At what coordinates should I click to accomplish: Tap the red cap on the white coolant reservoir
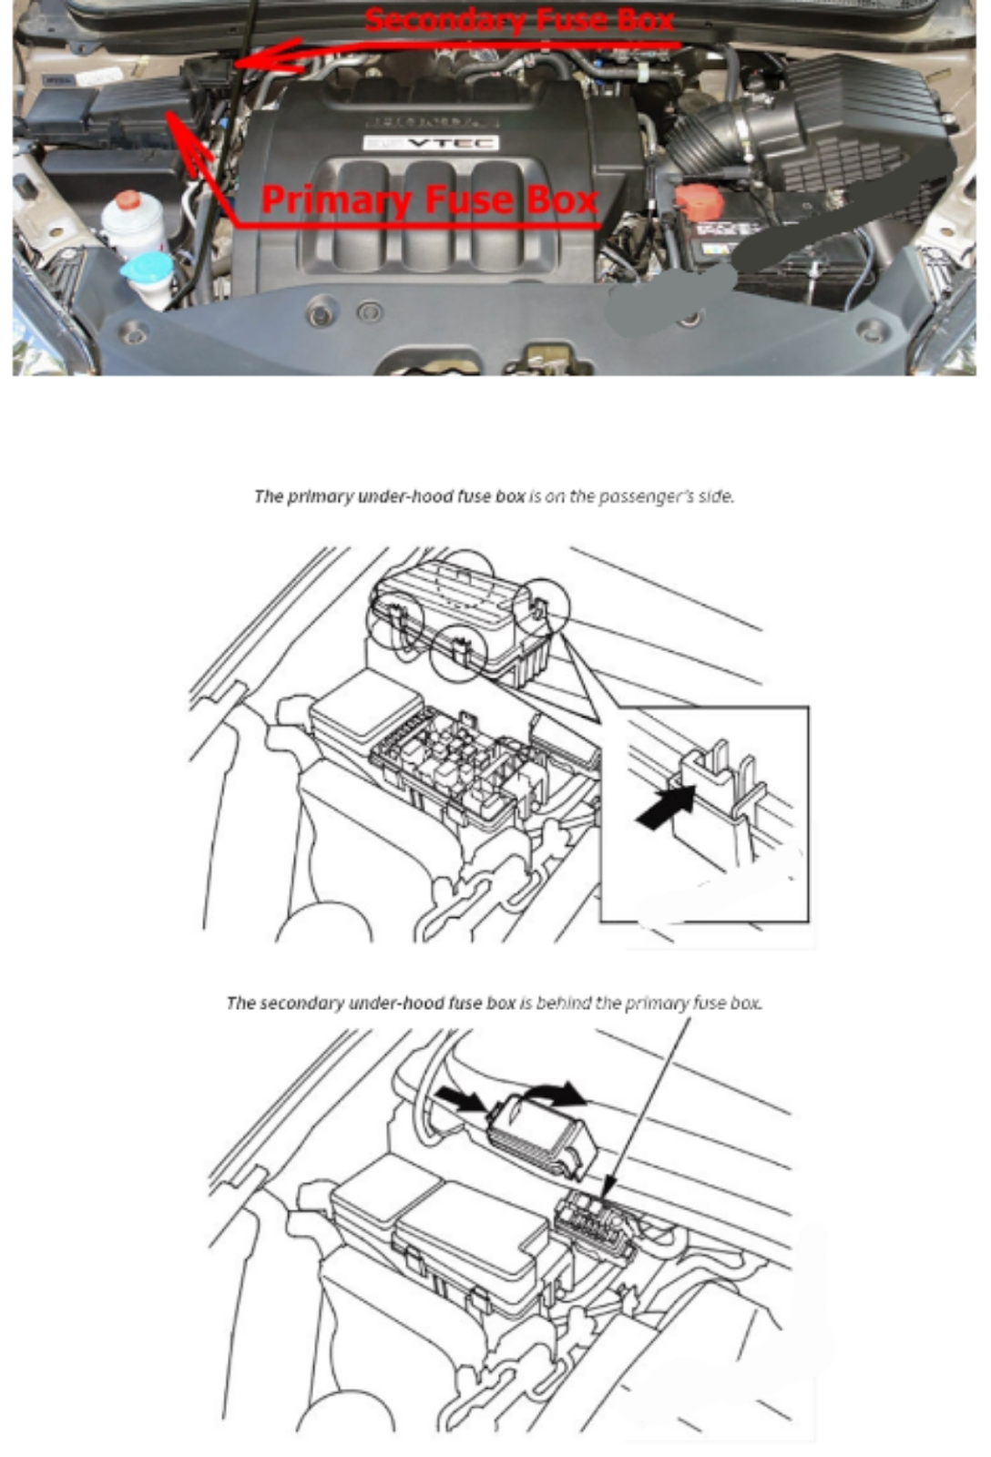point(128,200)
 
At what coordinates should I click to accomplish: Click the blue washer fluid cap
point(148,266)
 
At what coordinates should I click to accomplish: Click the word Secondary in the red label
point(444,20)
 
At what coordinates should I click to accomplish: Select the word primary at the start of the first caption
point(320,496)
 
